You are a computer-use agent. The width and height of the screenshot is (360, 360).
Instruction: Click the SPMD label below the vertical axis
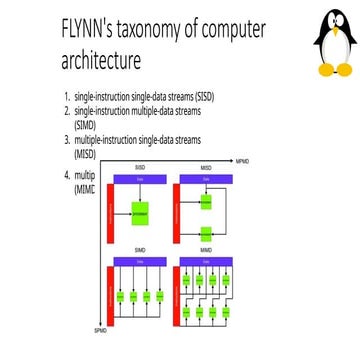[x=99, y=329]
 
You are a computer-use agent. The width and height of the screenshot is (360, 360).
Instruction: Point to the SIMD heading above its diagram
[x=140, y=248]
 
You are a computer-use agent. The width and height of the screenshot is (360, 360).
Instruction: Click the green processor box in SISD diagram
[x=142, y=211]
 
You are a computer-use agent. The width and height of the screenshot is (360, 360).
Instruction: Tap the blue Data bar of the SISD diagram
[x=141, y=178]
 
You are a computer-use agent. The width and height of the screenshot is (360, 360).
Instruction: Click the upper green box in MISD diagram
[x=206, y=200]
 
